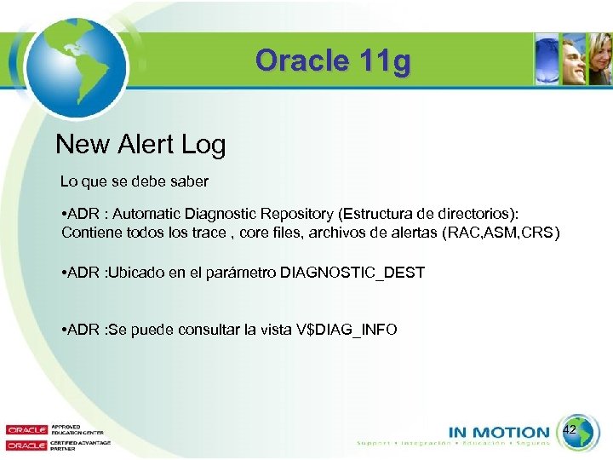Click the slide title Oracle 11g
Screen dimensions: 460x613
(332, 61)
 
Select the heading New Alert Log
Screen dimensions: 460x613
(140, 145)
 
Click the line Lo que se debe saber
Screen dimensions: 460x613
(134, 181)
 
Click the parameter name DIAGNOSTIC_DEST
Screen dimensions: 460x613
(352, 273)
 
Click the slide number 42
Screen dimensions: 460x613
(570, 431)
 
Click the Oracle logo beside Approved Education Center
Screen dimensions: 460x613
(26, 429)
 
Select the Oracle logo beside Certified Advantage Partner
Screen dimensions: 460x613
(26, 445)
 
